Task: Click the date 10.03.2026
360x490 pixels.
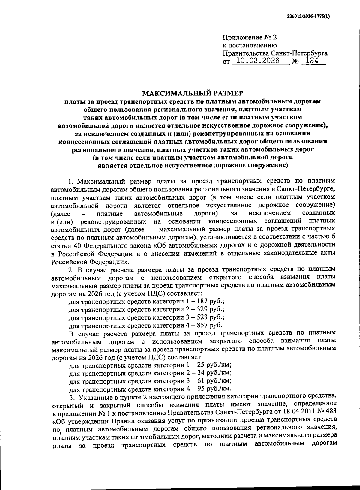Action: pyautogui.click(x=256, y=61)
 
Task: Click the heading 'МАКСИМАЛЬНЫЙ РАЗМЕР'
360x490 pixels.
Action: pyautogui.click(x=192, y=93)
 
